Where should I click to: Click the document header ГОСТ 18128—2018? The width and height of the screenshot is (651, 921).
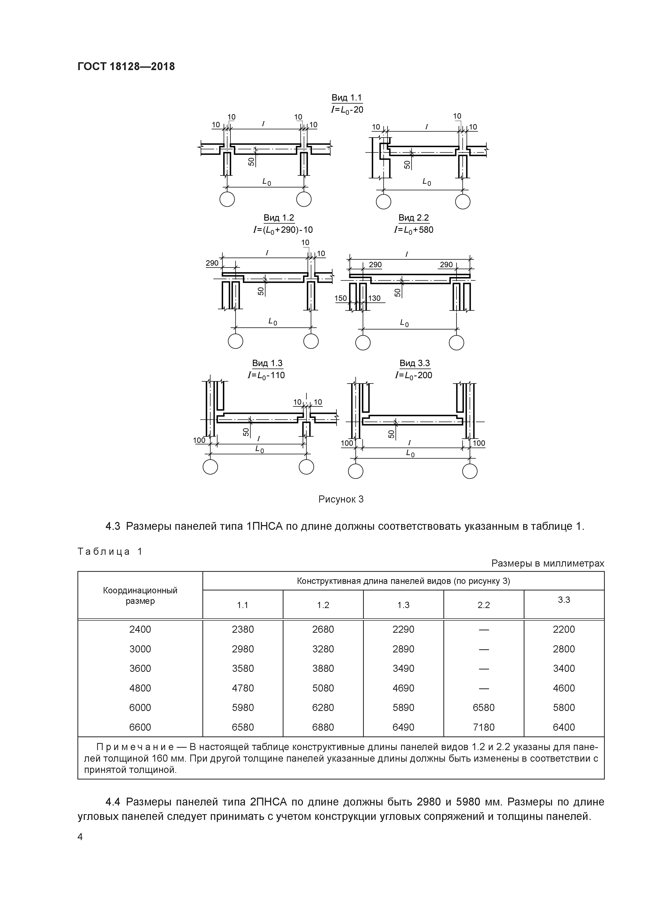pyautogui.click(x=126, y=66)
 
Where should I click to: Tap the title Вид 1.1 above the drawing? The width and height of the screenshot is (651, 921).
pyautogui.click(x=346, y=97)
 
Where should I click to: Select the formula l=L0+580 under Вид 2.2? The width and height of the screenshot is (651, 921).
pyautogui.click(x=413, y=230)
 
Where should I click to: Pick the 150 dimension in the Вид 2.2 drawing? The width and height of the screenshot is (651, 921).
pyautogui.click(x=340, y=299)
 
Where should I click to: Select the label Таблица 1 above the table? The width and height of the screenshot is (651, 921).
pyautogui.click(x=110, y=552)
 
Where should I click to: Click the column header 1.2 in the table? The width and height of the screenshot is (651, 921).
pyautogui.click(x=323, y=605)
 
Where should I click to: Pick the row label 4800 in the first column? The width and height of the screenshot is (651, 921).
pyautogui.click(x=140, y=688)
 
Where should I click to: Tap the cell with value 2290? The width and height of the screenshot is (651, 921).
pyautogui.click(x=403, y=629)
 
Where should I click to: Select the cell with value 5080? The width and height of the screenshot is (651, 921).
pyautogui.click(x=323, y=688)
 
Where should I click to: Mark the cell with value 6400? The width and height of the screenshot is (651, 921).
pyautogui.click(x=564, y=727)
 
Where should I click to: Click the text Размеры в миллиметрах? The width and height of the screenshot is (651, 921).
pyautogui.click(x=548, y=564)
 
